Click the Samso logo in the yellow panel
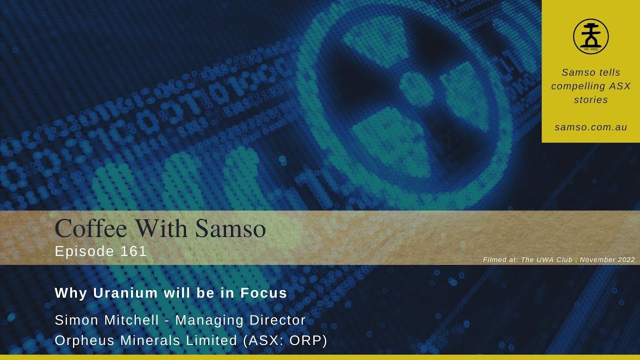pyautogui.click(x=590, y=36)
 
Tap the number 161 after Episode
pyautogui.click(x=133, y=251)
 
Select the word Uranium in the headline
pyautogui.click(x=126, y=293)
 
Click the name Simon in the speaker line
pyautogui.click(x=73, y=320)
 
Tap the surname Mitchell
pyautogui.click(x=132, y=320)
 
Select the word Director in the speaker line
pyautogui.click(x=274, y=320)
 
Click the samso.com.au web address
pyautogui.click(x=590, y=127)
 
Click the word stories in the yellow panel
pyautogui.click(x=590, y=99)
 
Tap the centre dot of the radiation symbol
pyautogui.click(x=416, y=88)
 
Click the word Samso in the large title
pyautogui.click(x=230, y=228)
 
